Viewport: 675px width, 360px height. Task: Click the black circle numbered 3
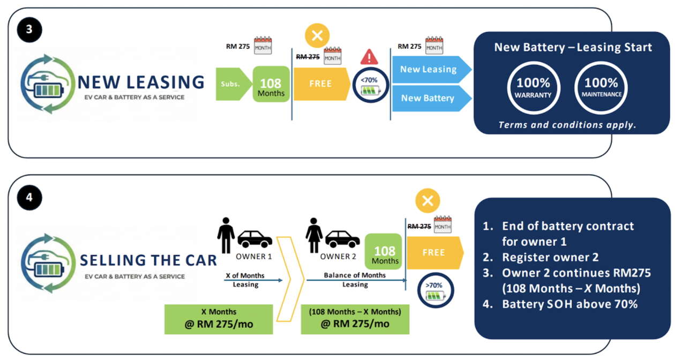coord(29,30)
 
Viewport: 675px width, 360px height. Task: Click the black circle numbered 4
coord(29,197)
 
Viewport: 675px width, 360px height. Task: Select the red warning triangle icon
coord(369,57)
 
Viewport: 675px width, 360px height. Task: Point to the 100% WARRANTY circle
coord(534,87)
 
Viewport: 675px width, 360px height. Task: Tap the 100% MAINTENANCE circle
coord(601,87)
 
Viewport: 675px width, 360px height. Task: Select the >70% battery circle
coord(435,290)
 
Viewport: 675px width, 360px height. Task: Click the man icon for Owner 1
coord(226,235)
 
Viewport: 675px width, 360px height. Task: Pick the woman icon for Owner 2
coord(313,235)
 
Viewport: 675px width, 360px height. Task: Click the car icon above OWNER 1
coord(254,239)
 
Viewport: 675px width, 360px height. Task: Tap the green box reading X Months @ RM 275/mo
coord(219,319)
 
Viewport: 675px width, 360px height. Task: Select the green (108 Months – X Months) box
coord(355,319)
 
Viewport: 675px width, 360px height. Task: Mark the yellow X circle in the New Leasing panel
coord(317,36)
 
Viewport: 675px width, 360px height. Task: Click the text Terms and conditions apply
coord(567,125)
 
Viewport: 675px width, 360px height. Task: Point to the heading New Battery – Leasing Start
coord(573,47)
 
